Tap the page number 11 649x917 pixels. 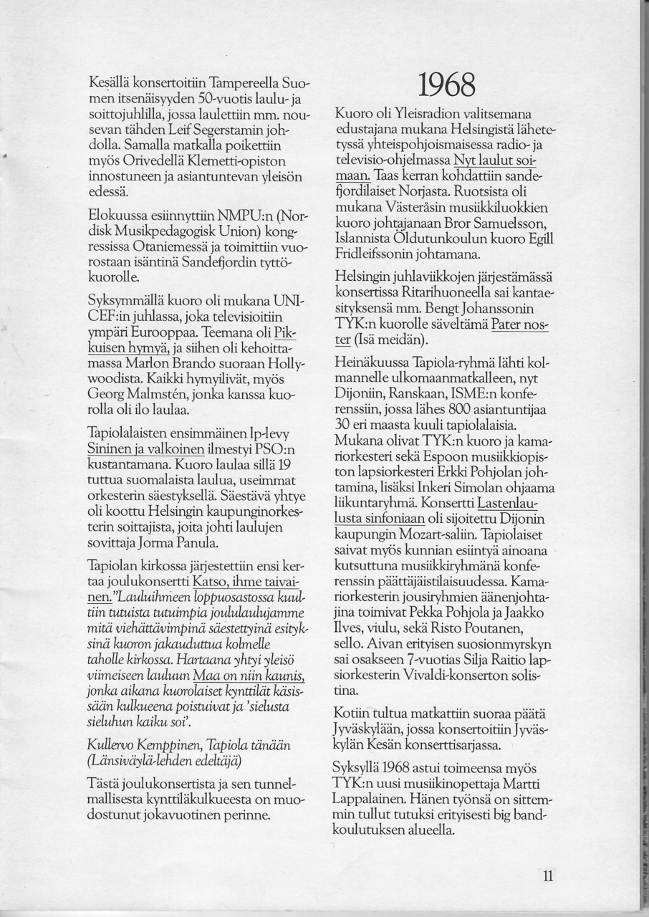(548, 875)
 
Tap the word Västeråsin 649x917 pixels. (439, 208)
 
